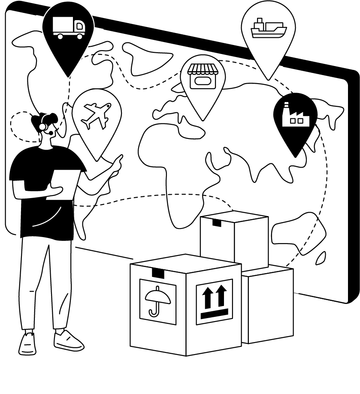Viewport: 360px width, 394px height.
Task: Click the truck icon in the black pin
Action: coord(68,28)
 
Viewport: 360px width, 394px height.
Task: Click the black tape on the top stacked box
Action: coord(217,223)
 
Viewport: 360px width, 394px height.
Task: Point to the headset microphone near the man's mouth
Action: coord(51,133)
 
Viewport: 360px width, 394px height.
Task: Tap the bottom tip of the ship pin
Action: coord(269,79)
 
